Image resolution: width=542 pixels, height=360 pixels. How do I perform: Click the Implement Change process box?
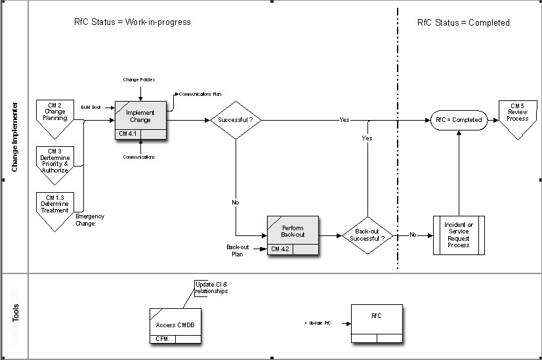point(140,117)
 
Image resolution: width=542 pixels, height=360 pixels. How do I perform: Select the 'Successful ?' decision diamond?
point(235,120)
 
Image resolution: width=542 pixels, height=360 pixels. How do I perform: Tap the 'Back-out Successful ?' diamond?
point(367,235)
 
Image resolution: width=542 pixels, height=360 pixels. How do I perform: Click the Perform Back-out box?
point(293,231)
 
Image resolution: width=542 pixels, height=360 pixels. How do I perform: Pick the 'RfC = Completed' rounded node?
point(459,120)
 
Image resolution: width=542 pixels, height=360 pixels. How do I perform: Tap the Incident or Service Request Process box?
point(458,235)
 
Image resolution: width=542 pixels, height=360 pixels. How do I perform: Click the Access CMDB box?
point(175,325)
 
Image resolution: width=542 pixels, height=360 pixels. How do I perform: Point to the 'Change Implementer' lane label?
point(14,136)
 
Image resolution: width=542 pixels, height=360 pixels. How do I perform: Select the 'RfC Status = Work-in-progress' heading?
point(133,22)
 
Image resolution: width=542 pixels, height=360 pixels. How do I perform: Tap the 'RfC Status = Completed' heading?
point(463,22)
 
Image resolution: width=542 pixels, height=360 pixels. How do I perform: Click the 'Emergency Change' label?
point(90,220)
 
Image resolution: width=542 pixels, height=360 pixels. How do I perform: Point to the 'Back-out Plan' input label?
point(237,250)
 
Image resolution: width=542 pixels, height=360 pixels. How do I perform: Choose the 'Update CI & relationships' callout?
point(211,287)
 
